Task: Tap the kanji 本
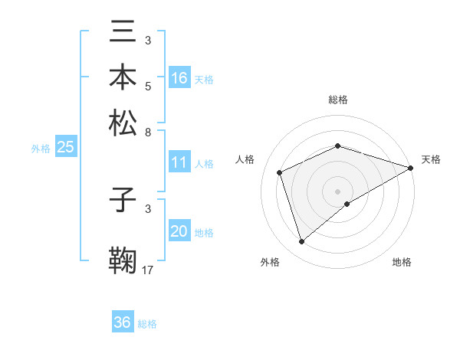click(x=123, y=78)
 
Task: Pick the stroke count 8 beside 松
click(x=148, y=133)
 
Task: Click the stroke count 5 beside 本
click(x=148, y=87)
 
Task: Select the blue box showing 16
click(x=179, y=78)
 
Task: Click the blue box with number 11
click(x=179, y=162)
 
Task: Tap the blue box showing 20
click(x=179, y=231)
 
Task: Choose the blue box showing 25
click(x=65, y=147)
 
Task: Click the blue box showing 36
click(x=123, y=322)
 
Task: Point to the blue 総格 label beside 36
click(x=147, y=324)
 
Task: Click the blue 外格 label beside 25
click(x=41, y=149)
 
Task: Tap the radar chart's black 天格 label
click(x=431, y=159)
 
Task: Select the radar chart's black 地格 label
click(x=402, y=263)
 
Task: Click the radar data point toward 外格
click(x=302, y=242)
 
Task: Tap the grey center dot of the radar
click(x=337, y=191)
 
